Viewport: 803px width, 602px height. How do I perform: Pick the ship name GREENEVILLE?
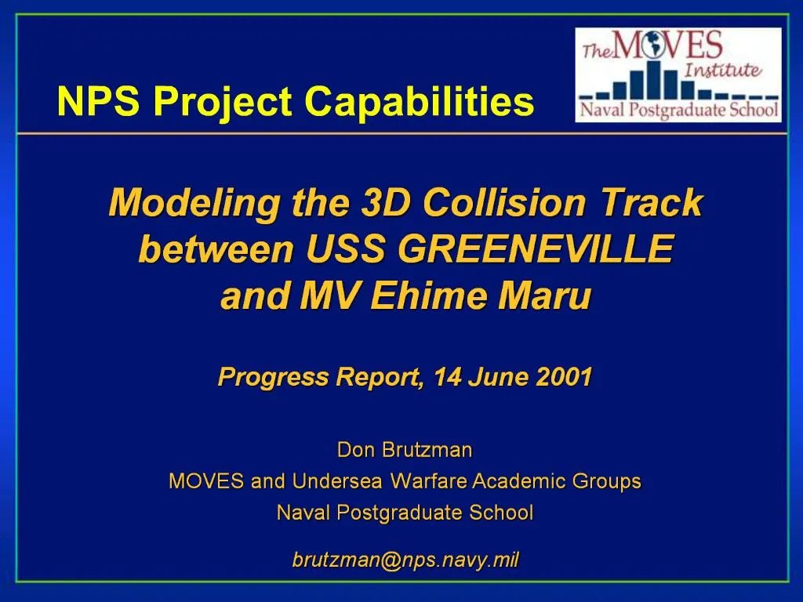(x=536, y=250)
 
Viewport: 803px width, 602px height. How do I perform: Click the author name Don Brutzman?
(x=405, y=450)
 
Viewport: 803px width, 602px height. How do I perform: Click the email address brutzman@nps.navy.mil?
(x=405, y=560)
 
